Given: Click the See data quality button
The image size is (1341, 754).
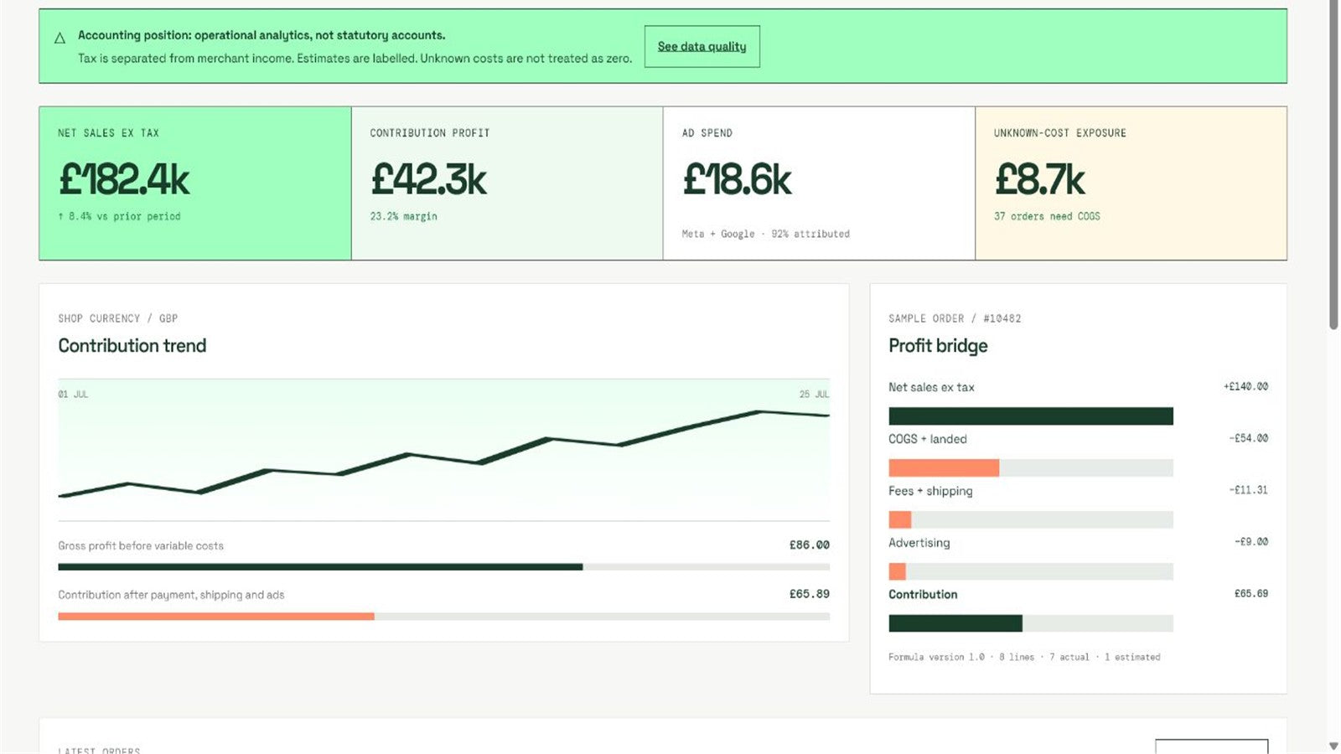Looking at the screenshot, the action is pos(702,46).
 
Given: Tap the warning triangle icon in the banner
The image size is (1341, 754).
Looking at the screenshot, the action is pos(60,39).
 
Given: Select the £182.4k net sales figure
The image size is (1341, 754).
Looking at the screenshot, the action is pos(125,179).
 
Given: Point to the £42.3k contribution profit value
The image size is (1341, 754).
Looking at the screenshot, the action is pos(428,179).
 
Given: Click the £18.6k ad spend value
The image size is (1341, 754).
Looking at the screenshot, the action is pos(737,179).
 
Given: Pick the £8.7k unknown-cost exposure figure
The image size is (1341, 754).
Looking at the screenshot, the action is pos(1040,179).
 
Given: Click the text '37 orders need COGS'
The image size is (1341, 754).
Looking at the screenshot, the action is pos(1047,216).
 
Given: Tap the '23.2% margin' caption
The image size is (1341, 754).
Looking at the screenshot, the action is pos(403,216).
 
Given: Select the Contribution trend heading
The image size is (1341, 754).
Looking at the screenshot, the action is pos(132,346).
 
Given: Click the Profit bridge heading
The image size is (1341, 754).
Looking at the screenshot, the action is pos(938,346).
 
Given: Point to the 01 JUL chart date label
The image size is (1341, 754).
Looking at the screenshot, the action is pos(73,394).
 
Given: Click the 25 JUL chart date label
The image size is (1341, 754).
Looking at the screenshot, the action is pos(814,394).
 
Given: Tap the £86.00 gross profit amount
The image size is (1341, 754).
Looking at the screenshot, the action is pos(810,545).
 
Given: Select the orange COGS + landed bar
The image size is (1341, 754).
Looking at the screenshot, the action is pos(944,468).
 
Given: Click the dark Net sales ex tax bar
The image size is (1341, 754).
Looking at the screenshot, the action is pos(1031,416).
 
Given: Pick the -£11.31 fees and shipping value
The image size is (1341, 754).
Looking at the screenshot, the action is pos(1248,490).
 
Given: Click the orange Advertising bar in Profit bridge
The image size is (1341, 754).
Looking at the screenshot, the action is pos(898,571).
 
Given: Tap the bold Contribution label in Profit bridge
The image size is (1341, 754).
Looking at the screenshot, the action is pos(923,594).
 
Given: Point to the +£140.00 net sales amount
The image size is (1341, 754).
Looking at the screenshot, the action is pos(1245,386).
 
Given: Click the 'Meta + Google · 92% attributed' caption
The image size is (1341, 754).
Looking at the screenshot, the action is pos(766,234).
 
